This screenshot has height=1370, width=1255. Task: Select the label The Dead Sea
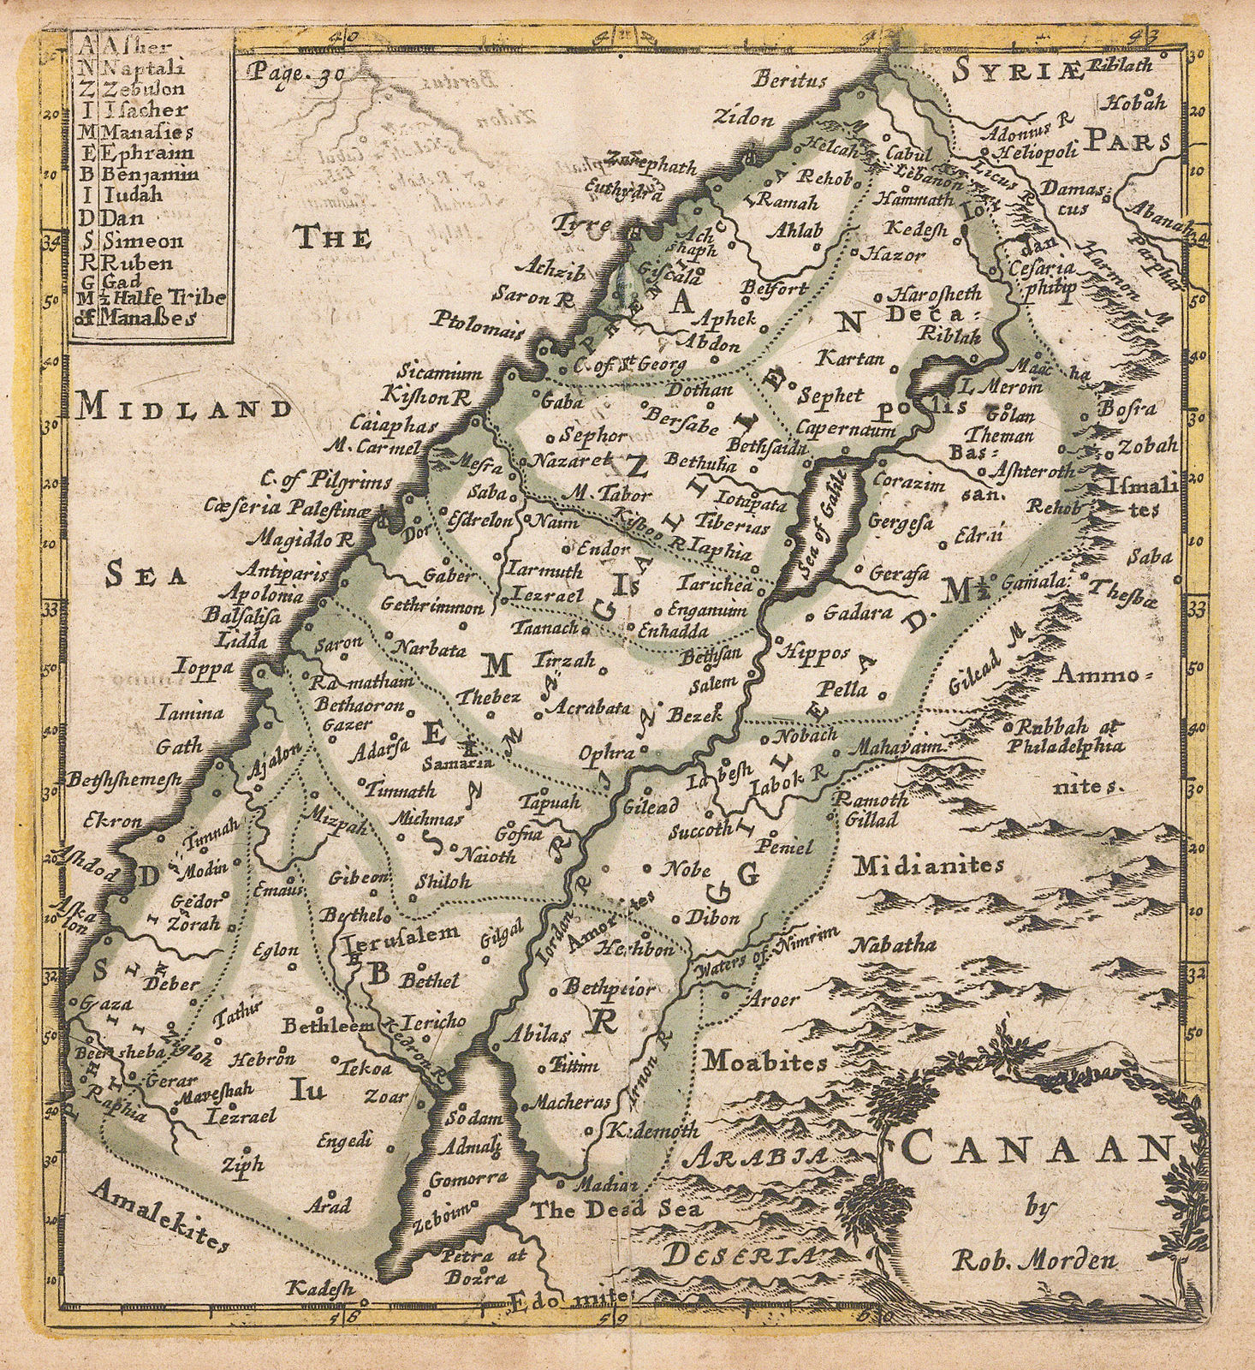(x=614, y=1210)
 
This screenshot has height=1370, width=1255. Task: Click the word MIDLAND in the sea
(x=183, y=409)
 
